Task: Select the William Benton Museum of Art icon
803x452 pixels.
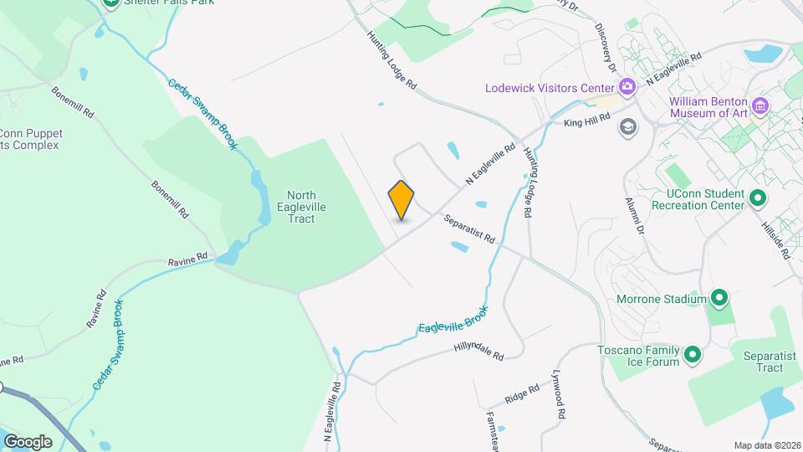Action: pyautogui.click(x=760, y=105)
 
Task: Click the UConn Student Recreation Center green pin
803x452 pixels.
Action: pyautogui.click(x=758, y=199)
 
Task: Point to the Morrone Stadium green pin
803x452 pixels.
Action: pyautogui.click(x=719, y=298)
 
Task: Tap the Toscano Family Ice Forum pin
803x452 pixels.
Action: pyautogui.click(x=692, y=356)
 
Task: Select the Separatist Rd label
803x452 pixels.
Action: pyautogui.click(x=469, y=229)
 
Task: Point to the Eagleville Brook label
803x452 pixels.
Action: pyautogui.click(x=452, y=316)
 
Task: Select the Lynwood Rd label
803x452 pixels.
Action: pyautogui.click(x=559, y=396)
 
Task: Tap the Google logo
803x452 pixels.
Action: pyautogui.click(x=28, y=441)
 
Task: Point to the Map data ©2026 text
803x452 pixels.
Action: pyautogui.click(x=766, y=445)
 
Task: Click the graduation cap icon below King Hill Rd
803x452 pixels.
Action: pyautogui.click(x=627, y=126)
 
